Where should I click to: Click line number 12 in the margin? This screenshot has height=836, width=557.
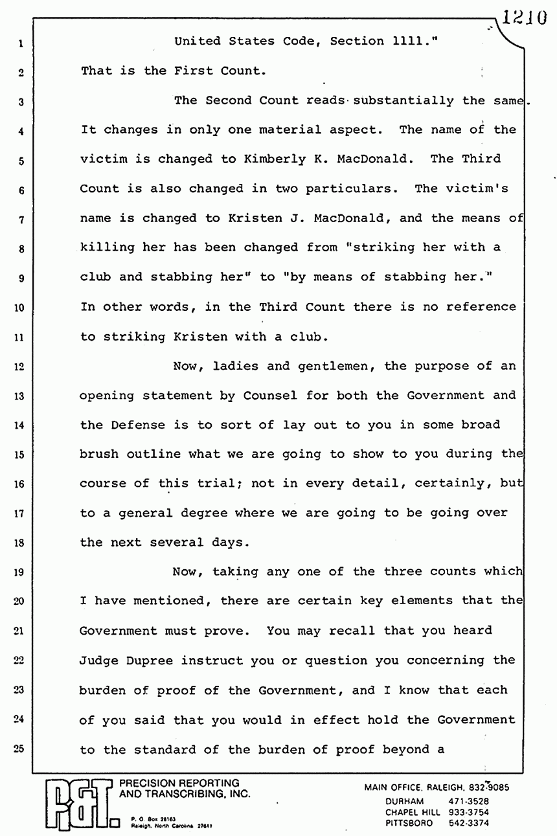(19, 367)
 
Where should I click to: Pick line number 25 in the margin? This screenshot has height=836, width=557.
(19, 750)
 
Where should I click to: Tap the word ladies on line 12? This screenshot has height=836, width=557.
(234, 366)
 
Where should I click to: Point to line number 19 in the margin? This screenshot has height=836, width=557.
(19, 572)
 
